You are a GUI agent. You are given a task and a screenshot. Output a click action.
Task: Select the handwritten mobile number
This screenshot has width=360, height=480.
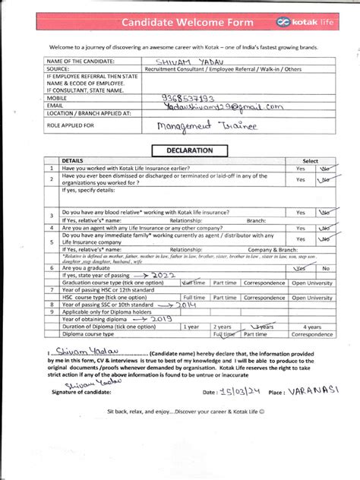189,97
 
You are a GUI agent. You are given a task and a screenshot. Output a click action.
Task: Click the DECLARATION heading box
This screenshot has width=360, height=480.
185,150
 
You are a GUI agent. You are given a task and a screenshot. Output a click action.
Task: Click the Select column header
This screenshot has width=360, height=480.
310,161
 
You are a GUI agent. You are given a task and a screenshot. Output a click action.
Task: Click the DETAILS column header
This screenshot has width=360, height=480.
73,161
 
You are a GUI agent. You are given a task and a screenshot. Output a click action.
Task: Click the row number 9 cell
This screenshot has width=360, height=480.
51,311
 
